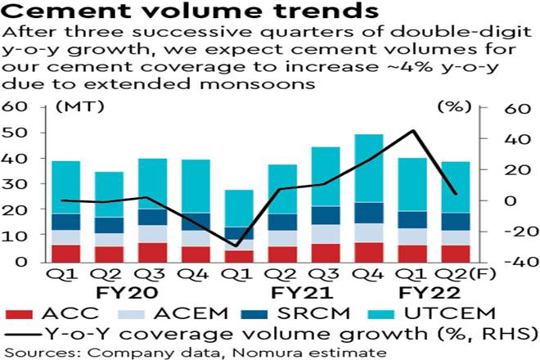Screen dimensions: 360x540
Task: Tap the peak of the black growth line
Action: pyautogui.click(x=414, y=131)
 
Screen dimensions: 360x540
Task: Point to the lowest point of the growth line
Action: pyautogui.click(x=238, y=245)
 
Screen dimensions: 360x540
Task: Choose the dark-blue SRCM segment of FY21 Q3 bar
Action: pyautogui.click(x=325, y=214)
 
